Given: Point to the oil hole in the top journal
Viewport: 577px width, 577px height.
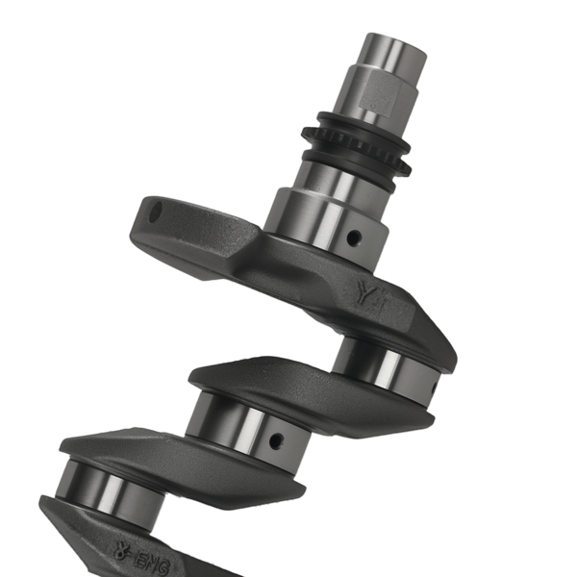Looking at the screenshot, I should (x=354, y=235).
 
